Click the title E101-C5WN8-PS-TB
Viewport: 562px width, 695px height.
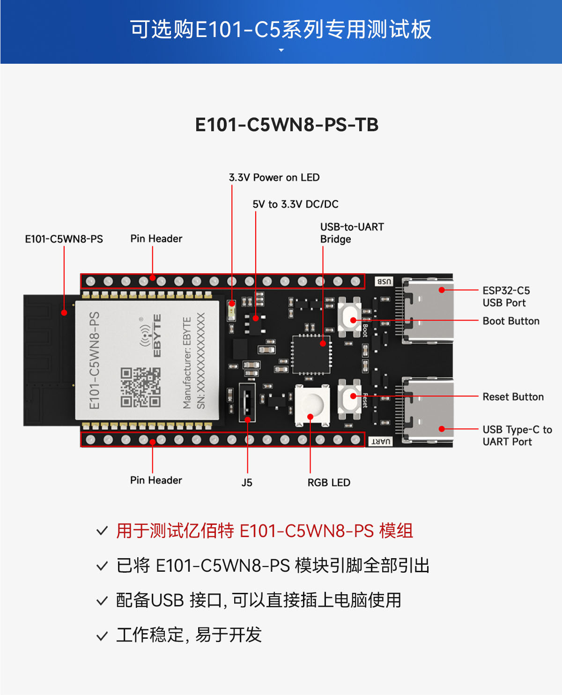pos(287,125)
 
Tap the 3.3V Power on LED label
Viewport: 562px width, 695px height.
pos(274,178)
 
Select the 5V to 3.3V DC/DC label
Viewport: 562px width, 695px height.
pos(295,204)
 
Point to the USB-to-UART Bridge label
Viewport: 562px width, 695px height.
pos(352,233)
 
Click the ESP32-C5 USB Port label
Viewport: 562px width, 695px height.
pos(506,297)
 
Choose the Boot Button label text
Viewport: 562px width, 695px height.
pos(511,321)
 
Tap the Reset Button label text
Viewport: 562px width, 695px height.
pos(513,397)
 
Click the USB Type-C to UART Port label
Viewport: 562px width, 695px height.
pos(517,436)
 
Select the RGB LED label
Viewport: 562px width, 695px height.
pos(329,483)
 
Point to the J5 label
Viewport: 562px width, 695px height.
pos(247,483)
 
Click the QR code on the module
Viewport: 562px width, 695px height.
pos(140,387)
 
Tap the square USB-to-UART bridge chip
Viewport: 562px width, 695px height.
pos(311,355)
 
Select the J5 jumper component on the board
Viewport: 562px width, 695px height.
pos(247,403)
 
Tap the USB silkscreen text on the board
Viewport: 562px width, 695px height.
pos(384,282)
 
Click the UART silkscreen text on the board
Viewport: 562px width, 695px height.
pos(381,441)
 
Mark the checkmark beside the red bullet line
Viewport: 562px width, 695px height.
pos(102,531)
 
